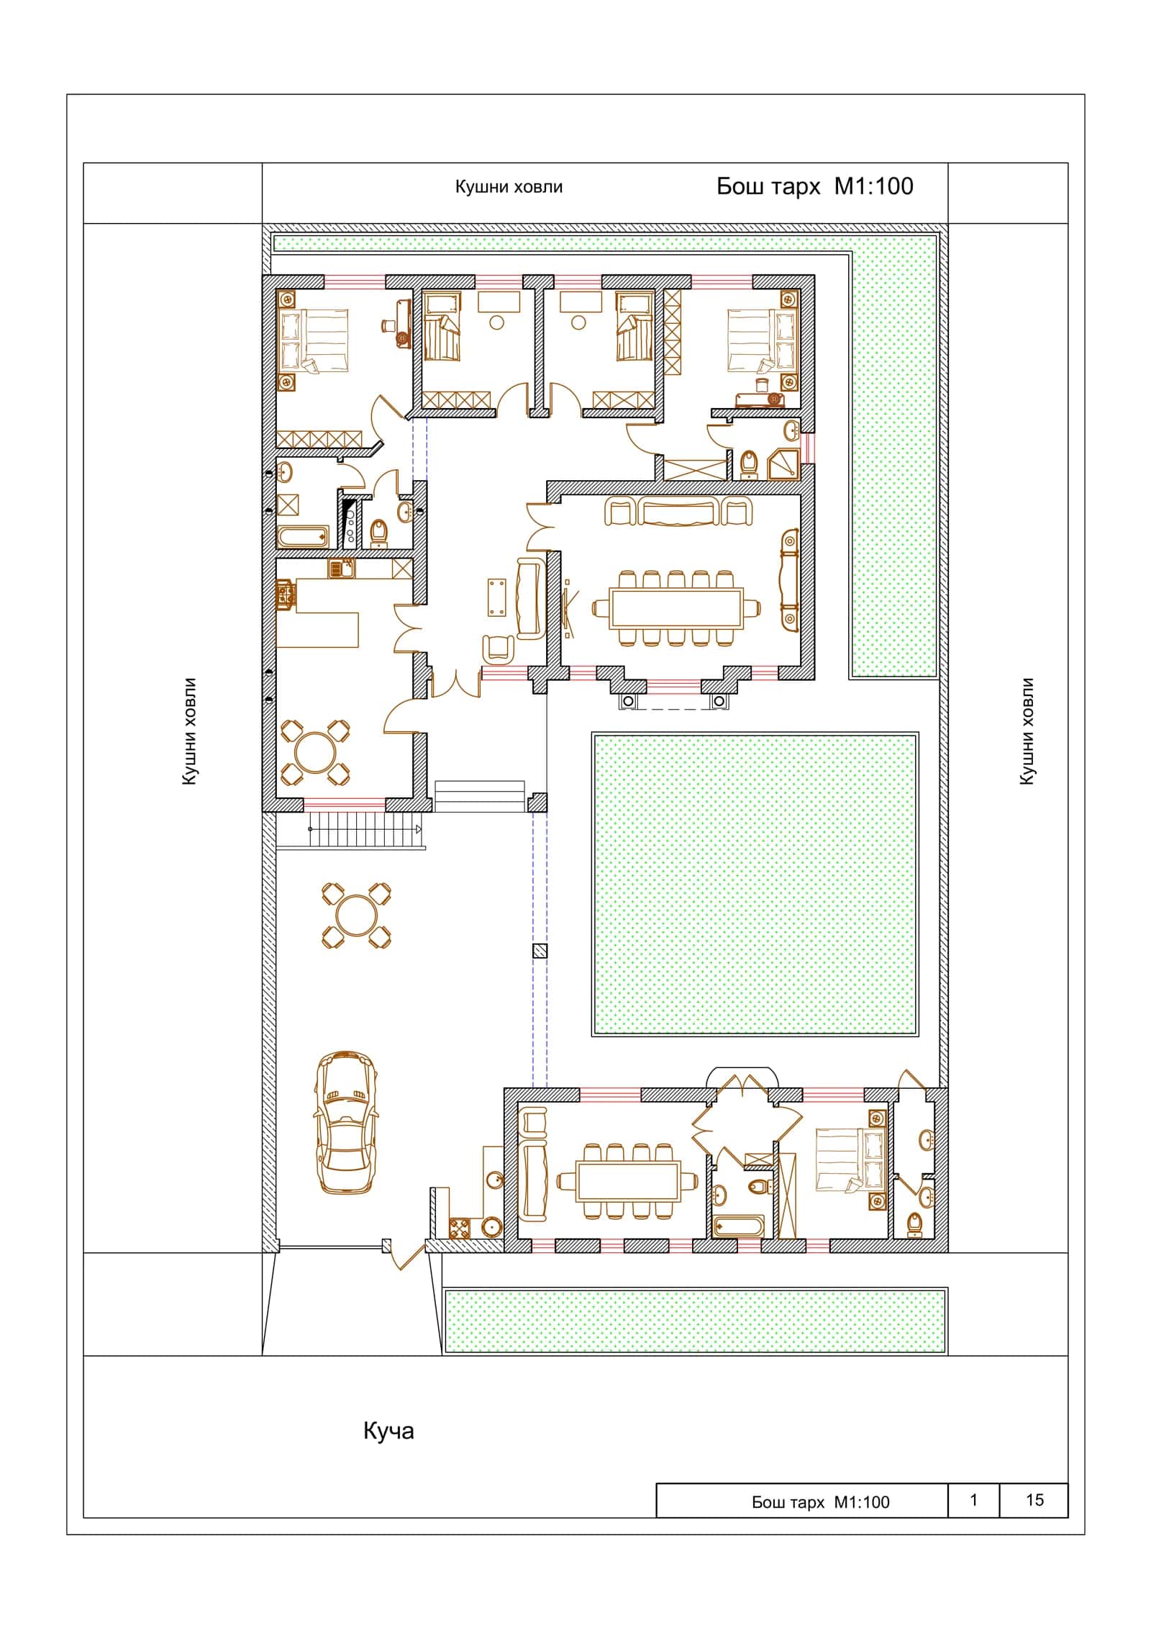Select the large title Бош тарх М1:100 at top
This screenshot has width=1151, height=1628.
pos(815,186)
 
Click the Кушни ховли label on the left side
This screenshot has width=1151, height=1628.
pos(189,731)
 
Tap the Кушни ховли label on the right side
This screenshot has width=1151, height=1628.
pos(1027,731)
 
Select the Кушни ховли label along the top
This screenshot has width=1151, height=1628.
pos(509,187)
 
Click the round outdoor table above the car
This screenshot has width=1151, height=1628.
pos(356,915)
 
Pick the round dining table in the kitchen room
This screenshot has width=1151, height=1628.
pos(315,752)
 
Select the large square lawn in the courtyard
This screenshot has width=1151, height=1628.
pos(755,885)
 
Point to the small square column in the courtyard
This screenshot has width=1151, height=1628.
pos(540,951)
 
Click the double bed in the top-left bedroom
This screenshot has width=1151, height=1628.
pos(314,340)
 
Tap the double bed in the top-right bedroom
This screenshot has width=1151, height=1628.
pos(763,340)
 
